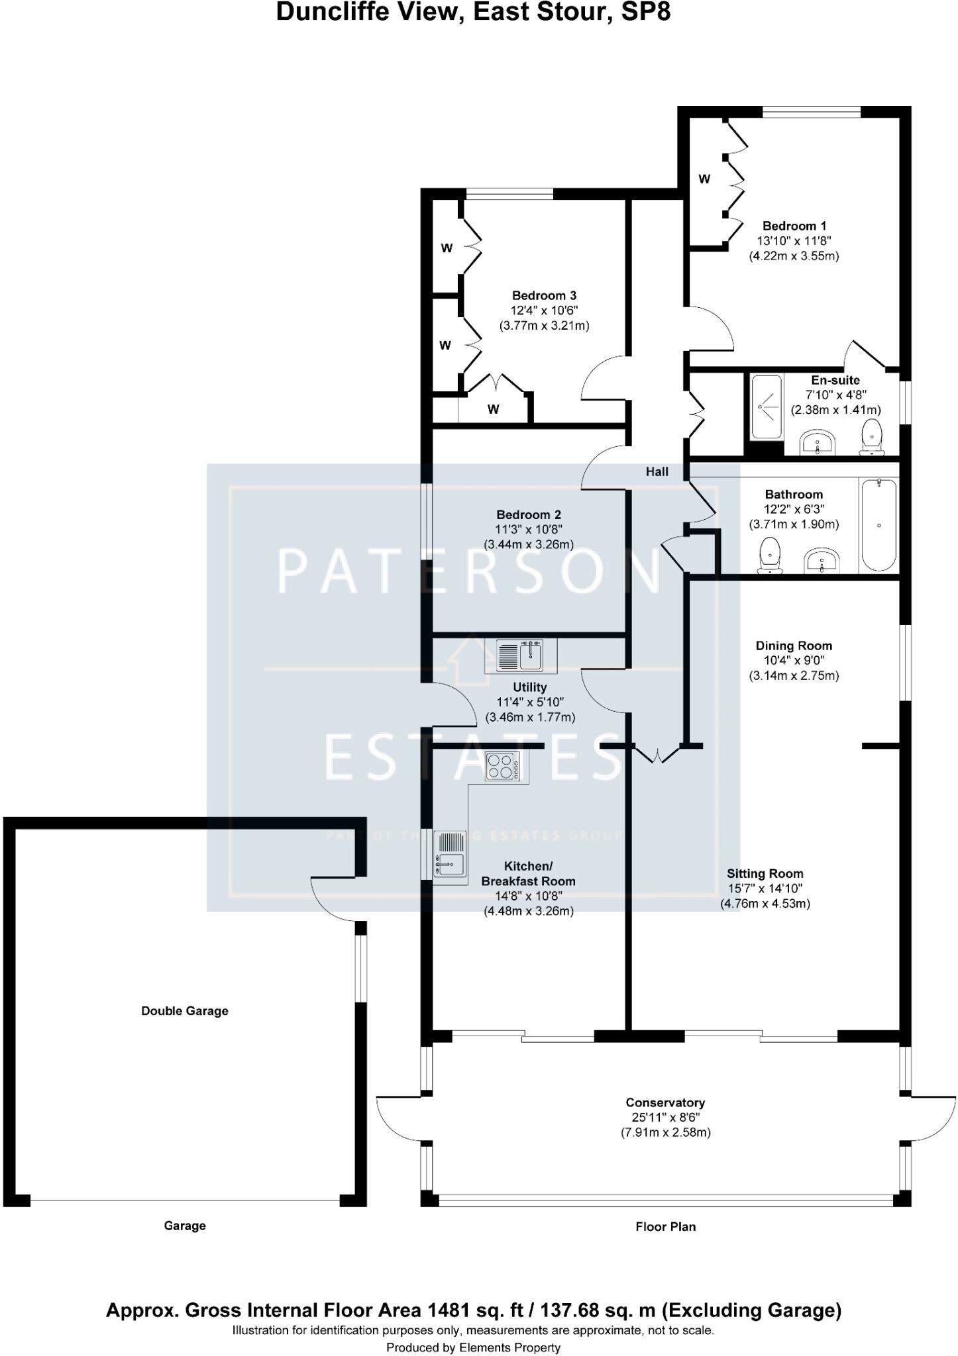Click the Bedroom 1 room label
pyautogui.click(x=794, y=226)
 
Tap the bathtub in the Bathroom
pyautogui.click(x=878, y=526)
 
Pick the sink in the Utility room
pyautogui.click(x=520, y=655)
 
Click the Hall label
pyautogui.click(x=657, y=471)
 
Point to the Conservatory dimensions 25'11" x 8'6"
pyautogui.click(x=665, y=1117)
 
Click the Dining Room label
pyautogui.click(x=794, y=646)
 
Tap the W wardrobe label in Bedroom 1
pyautogui.click(x=705, y=179)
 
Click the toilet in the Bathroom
pyautogui.click(x=770, y=555)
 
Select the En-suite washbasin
pyautogui.click(x=819, y=442)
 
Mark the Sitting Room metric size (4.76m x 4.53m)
pyautogui.click(x=765, y=903)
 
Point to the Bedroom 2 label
pyautogui.click(x=529, y=514)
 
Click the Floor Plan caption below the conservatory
pyautogui.click(x=665, y=1226)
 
